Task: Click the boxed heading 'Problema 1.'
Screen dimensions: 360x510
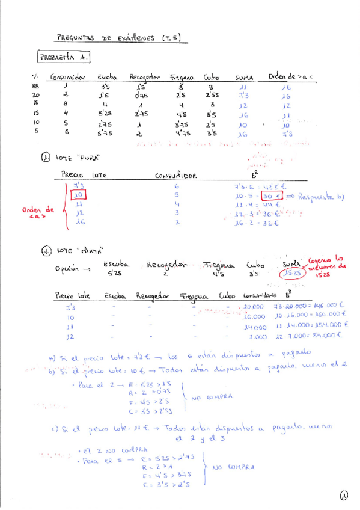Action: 64,57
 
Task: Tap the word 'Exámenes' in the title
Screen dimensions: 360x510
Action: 135,38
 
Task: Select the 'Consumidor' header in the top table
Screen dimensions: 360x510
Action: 69,78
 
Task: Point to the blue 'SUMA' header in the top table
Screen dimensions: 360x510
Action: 245,78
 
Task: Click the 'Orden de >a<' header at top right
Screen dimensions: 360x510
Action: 291,76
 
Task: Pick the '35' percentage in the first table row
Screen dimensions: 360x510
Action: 35,87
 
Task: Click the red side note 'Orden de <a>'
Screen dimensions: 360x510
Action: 38,213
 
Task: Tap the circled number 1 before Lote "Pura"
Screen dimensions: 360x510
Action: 45,158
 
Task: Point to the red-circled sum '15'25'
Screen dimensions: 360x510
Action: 291,273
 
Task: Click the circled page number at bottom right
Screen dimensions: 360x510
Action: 343,496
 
